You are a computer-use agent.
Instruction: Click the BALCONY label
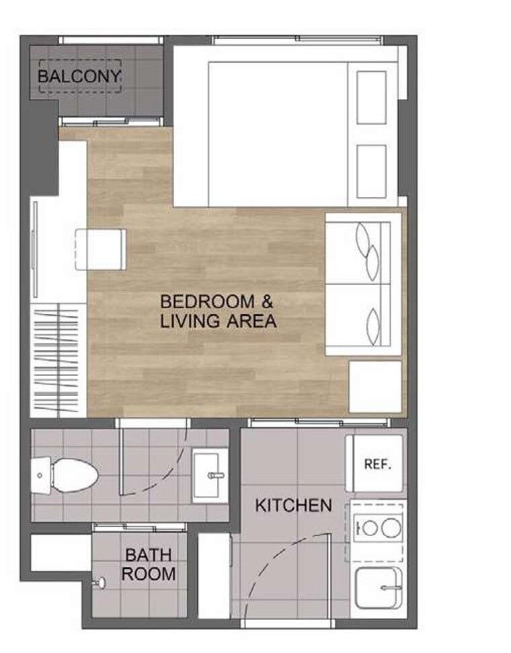click(79, 76)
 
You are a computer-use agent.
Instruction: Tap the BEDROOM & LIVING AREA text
click(219, 311)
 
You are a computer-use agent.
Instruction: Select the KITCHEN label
click(293, 505)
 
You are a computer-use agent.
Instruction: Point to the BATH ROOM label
click(149, 564)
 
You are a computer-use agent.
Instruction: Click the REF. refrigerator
click(375, 463)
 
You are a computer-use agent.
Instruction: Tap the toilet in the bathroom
click(65, 475)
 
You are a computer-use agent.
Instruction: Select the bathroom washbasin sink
click(210, 475)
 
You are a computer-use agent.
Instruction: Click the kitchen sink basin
click(379, 588)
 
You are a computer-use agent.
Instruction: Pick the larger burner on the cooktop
click(391, 528)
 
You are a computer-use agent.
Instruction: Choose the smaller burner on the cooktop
click(370, 528)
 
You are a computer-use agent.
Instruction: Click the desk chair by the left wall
click(101, 249)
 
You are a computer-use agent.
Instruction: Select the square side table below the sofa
click(375, 387)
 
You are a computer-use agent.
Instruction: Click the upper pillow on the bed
click(372, 98)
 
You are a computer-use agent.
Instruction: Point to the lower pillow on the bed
click(372, 171)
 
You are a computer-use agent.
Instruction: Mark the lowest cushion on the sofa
click(373, 328)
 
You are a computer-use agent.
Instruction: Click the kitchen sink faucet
click(391, 588)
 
